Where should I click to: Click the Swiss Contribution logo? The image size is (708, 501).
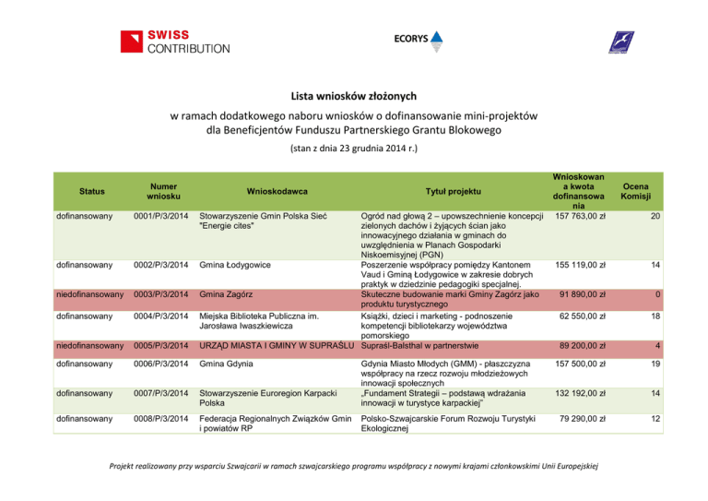[174, 42]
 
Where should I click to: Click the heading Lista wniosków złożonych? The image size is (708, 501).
[354, 95]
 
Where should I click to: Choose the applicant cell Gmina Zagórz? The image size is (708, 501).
[225, 294]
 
